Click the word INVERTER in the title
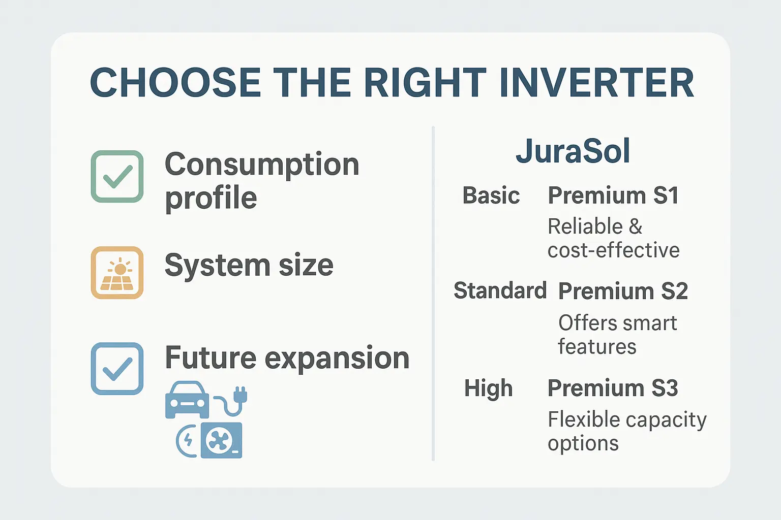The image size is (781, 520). pyautogui.click(x=596, y=83)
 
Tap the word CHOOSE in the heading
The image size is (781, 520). pyautogui.click(x=175, y=83)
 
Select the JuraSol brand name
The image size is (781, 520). pyautogui.click(x=573, y=151)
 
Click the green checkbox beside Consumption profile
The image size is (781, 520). pyautogui.click(x=117, y=176)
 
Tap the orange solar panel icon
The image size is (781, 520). pyautogui.click(x=117, y=272)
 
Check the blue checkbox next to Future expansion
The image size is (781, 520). pyautogui.click(x=117, y=369)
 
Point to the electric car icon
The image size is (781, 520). pyautogui.click(x=187, y=400)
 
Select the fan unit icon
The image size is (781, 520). pyautogui.click(x=222, y=440)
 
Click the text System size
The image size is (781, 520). pyautogui.click(x=249, y=266)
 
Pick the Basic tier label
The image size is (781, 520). pyautogui.click(x=491, y=195)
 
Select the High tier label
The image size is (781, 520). pyautogui.click(x=488, y=388)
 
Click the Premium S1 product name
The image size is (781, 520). pyautogui.click(x=613, y=195)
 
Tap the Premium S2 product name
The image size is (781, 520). pyautogui.click(x=623, y=291)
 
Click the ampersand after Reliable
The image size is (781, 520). pyautogui.click(x=635, y=226)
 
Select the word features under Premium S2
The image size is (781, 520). pyautogui.click(x=597, y=346)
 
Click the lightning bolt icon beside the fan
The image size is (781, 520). pyautogui.click(x=188, y=440)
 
